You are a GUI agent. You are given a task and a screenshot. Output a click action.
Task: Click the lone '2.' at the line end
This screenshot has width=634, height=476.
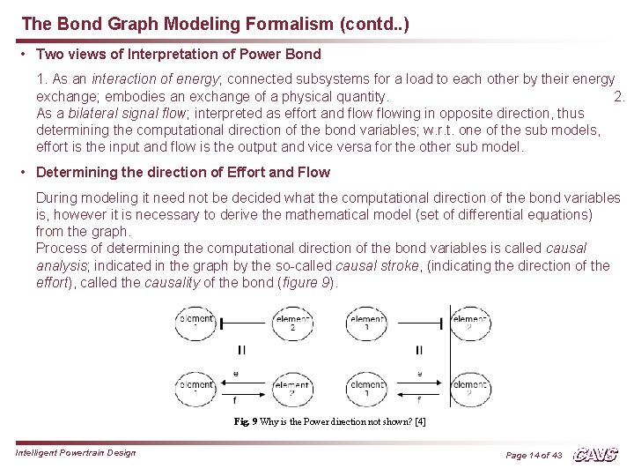618,97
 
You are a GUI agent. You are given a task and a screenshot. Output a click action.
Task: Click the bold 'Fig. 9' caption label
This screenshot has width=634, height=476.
246,421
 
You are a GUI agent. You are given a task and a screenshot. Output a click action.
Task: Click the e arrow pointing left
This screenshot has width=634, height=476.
236,380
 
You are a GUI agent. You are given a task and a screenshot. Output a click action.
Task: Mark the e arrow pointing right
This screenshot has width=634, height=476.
418,380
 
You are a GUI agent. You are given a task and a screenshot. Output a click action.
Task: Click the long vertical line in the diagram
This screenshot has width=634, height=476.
450,353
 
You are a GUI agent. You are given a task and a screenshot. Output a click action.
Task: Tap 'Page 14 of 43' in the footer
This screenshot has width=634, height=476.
534,455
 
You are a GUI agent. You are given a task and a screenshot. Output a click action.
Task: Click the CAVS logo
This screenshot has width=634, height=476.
595,455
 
